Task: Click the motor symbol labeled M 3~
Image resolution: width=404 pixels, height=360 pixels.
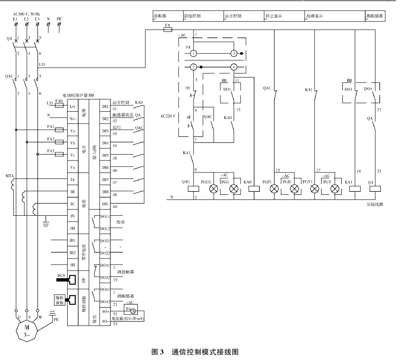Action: [x=27, y=330]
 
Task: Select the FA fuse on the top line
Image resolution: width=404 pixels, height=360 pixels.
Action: [x=168, y=30]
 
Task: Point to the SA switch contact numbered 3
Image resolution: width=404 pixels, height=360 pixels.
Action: [x=233, y=54]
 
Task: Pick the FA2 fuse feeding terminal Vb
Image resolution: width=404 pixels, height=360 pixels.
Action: [x=60, y=142]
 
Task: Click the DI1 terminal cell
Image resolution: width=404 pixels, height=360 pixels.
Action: [x=105, y=106]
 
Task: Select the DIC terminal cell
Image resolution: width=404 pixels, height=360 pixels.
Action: [x=105, y=204]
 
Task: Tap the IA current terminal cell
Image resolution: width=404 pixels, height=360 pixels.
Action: [x=72, y=180]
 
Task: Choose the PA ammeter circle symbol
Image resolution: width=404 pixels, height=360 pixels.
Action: [x=133, y=310]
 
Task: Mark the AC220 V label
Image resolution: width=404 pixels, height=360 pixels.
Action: [x=167, y=116]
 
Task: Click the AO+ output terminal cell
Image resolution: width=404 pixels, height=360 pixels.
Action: [x=105, y=312]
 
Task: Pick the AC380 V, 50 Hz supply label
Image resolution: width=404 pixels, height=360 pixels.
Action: [x=27, y=14]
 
